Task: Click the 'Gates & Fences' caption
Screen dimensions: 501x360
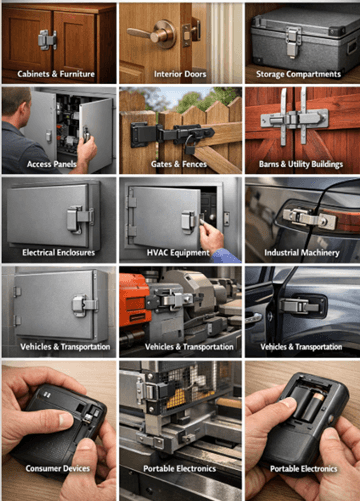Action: coord(180,164)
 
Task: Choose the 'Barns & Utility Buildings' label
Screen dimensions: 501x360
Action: coord(301,164)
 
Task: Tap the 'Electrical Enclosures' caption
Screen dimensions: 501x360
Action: coord(58,253)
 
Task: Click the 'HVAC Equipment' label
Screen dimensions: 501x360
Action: coord(180,253)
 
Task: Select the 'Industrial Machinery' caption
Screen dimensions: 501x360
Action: coord(301,253)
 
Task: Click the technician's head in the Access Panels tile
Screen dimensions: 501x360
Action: coord(16,107)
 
